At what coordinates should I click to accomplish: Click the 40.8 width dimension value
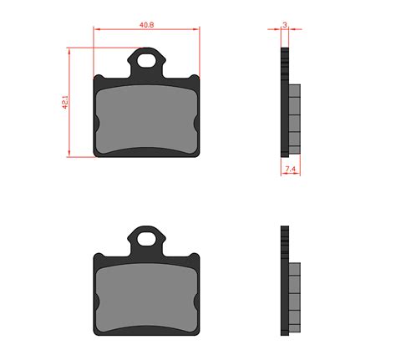point(146,25)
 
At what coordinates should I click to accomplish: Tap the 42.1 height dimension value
point(65,102)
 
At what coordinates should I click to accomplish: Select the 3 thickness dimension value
point(285,25)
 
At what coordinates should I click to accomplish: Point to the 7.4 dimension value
point(290,169)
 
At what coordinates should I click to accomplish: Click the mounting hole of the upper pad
point(146,61)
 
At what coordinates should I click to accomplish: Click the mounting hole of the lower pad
point(146,239)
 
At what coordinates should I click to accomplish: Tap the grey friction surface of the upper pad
point(146,119)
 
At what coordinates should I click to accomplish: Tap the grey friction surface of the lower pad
point(146,298)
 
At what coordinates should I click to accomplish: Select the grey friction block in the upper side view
point(295,119)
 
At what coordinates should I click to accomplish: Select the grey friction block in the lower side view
point(295,297)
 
